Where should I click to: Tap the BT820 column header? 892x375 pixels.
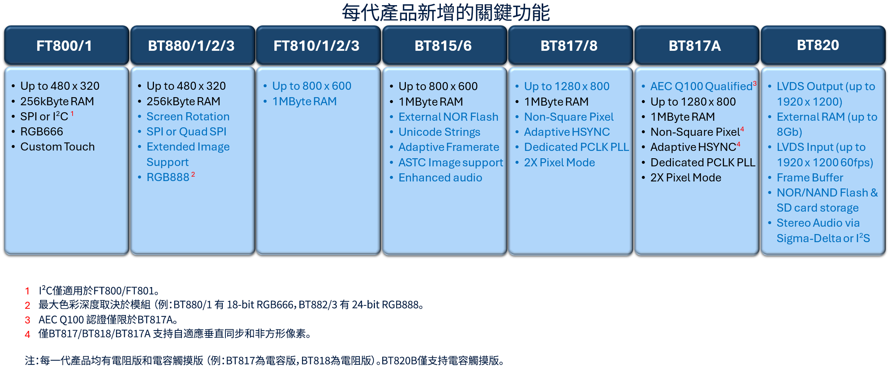823,45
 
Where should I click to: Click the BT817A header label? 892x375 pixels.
695,46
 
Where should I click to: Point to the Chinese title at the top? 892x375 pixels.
446,13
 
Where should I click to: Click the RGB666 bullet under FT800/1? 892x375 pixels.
42,131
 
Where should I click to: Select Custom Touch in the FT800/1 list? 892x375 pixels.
57,146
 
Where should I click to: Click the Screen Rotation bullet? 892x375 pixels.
188,116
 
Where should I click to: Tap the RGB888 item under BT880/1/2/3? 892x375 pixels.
168,177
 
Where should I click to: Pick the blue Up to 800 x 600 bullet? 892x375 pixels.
312,86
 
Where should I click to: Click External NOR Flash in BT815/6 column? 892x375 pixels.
448,117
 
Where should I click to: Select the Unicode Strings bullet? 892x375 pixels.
439,132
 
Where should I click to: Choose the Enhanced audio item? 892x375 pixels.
440,177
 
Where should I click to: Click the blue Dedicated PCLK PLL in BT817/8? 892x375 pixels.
576,147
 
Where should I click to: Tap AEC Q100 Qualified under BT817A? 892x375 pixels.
701,86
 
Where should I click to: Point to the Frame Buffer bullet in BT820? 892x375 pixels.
810,177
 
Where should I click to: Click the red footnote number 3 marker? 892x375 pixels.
28,320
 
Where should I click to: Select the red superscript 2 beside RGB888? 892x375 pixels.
193,174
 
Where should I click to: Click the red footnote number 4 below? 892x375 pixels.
28,334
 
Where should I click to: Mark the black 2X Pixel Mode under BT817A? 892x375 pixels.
686,177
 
